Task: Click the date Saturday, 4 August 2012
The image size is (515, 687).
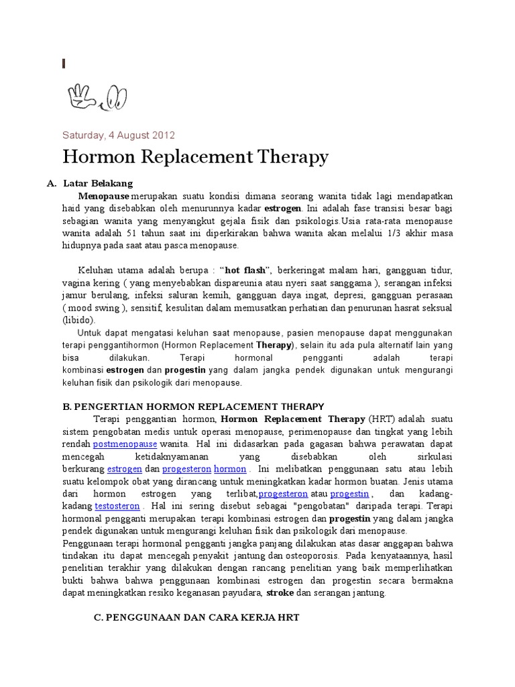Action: pyautogui.click(x=119, y=135)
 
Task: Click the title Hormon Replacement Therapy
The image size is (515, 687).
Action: pyautogui.click(x=195, y=157)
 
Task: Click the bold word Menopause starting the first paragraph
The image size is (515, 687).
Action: pyautogui.click(x=104, y=196)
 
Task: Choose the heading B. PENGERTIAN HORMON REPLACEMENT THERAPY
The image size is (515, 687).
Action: pyautogui.click(x=193, y=407)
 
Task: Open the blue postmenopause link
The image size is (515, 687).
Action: pyautogui.click(x=125, y=444)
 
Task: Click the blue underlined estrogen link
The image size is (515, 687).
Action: pyautogui.click(x=124, y=469)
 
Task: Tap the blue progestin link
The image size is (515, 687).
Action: pyautogui.click(x=349, y=494)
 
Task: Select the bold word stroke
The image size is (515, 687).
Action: pyautogui.click(x=280, y=594)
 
